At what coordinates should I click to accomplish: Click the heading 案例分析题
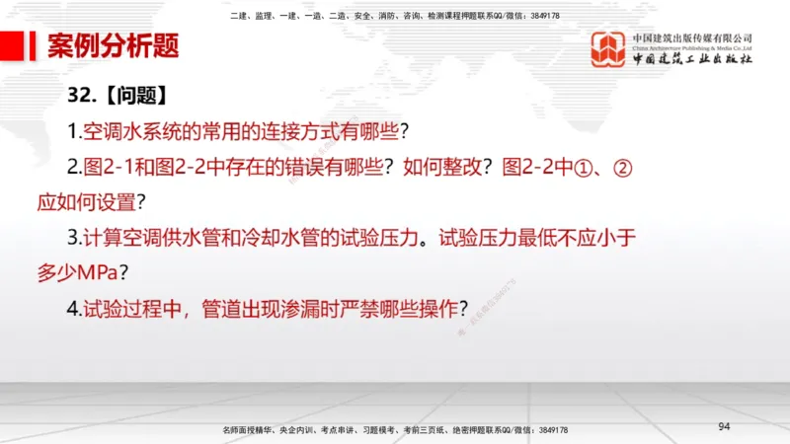[x=113, y=47]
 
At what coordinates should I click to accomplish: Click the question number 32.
[x=82, y=96]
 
